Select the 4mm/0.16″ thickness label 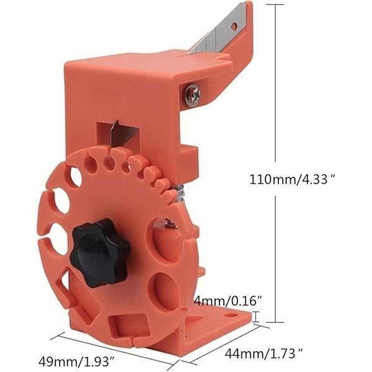228,301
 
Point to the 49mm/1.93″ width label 77,361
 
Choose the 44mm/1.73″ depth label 264,354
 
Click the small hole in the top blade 234,26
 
